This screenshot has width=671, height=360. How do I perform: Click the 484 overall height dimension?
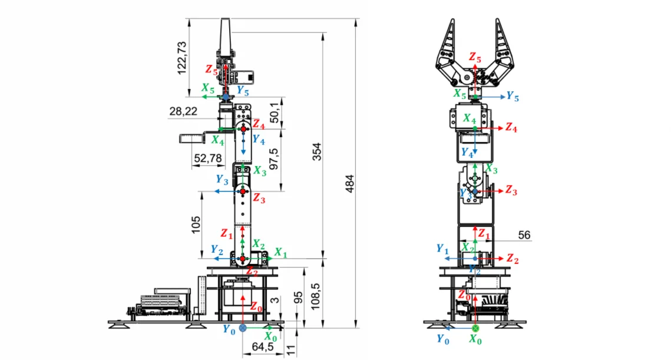pyautogui.click(x=350, y=184)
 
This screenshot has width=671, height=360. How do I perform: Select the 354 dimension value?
pyautogui.click(x=317, y=151)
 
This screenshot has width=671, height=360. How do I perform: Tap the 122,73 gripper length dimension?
pyautogui.click(x=182, y=58)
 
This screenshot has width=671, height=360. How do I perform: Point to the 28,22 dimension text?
pyautogui.click(x=183, y=111)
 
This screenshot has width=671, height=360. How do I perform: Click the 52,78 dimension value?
pyautogui.click(x=208, y=158)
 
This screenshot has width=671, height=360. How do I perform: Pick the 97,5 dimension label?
pyautogui.click(x=273, y=158)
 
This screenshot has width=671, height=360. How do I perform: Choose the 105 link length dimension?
pyautogui.click(x=196, y=224)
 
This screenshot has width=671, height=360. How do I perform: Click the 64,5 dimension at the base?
pyautogui.click(x=263, y=346)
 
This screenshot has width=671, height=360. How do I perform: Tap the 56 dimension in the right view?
pyautogui.click(x=524, y=235)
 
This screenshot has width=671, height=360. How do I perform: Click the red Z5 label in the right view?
pyautogui.click(x=475, y=57)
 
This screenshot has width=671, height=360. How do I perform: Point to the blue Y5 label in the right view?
pyautogui.click(x=513, y=97)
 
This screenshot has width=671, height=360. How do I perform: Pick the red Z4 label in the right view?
pyautogui.click(x=511, y=128)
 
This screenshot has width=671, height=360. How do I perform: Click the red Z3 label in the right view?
pyautogui.click(x=511, y=190)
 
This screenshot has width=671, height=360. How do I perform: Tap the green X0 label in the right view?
pyautogui.click(x=475, y=339)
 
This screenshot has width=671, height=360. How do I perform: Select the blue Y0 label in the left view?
pyautogui.click(x=229, y=329)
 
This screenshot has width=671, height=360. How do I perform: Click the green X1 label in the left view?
pyautogui.click(x=280, y=253)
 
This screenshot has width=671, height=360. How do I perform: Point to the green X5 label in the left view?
pyautogui.click(x=208, y=88)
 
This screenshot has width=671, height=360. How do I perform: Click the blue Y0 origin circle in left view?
pyautogui.click(x=243, y=328)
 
